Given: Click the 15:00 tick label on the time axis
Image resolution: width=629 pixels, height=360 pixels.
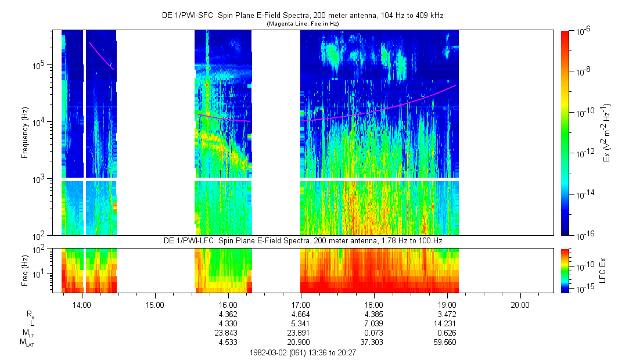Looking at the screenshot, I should (x=155, y=305).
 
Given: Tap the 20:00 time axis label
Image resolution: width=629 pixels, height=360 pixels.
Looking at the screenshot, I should (x=520, y=305).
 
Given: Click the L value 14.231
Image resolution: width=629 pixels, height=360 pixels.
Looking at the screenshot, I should (x=447, y=323).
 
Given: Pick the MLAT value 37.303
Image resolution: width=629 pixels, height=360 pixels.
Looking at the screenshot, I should (x=373, y=342).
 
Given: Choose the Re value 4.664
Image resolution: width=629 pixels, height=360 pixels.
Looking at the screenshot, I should (x=301, y=314).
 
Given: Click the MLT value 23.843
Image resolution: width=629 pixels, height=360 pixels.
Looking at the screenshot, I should (x=228, y=333).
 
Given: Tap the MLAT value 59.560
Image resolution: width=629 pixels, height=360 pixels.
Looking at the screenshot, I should (x=447, y=342).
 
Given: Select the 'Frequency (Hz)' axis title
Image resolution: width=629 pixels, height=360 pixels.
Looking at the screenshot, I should (x=25, y=133).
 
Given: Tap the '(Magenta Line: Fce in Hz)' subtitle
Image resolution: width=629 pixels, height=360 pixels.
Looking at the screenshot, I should (x=303, y=24).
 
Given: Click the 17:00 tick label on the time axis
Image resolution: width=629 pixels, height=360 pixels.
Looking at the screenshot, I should (x=301, y=305).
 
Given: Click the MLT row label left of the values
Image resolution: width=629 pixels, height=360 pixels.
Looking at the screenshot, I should (x=27, y=333).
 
